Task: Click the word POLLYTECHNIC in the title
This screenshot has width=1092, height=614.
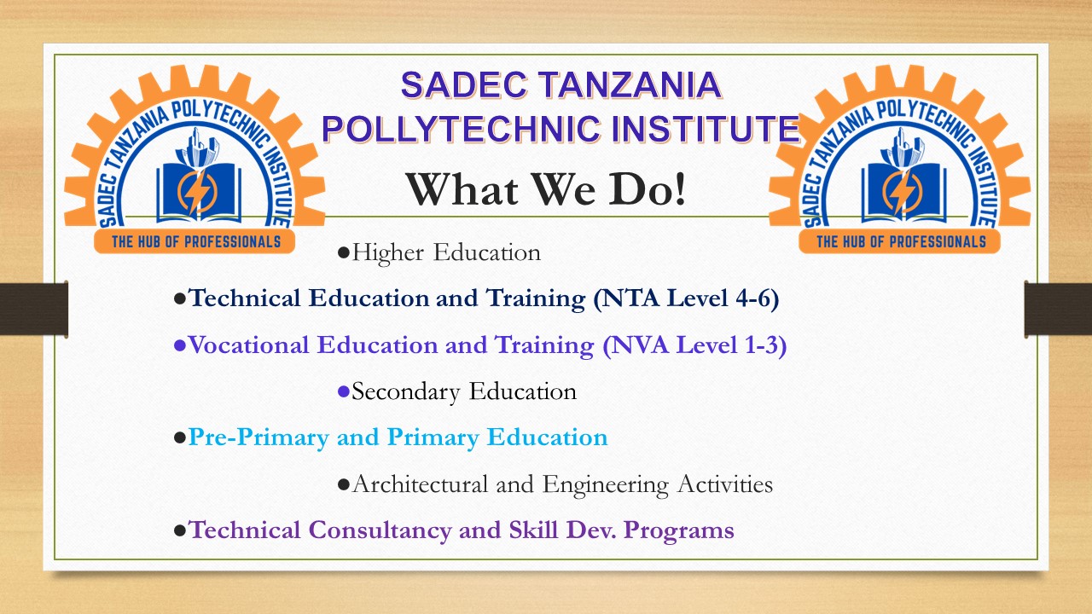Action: (x=461, y=129)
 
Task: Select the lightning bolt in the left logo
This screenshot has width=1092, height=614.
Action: (x=196, y=192)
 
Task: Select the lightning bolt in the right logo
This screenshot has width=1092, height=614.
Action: (x=902, y=192)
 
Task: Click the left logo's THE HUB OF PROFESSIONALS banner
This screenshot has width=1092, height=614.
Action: (x=195, y=241)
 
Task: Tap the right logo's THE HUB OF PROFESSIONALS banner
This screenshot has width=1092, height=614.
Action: (x=900, y=241)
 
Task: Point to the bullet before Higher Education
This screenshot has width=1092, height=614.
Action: (x=343, y=253)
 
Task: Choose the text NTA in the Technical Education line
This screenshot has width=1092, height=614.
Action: (x=630, y=298)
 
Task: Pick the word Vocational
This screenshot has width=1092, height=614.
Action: (x=249, y=345)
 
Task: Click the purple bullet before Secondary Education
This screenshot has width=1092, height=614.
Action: (x=343, y=391)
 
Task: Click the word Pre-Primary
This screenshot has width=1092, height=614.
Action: (x=258, y=437)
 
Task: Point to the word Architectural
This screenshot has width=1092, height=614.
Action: (x=420, y=484)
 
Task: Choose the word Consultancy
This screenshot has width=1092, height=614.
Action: (x=380, y=530)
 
